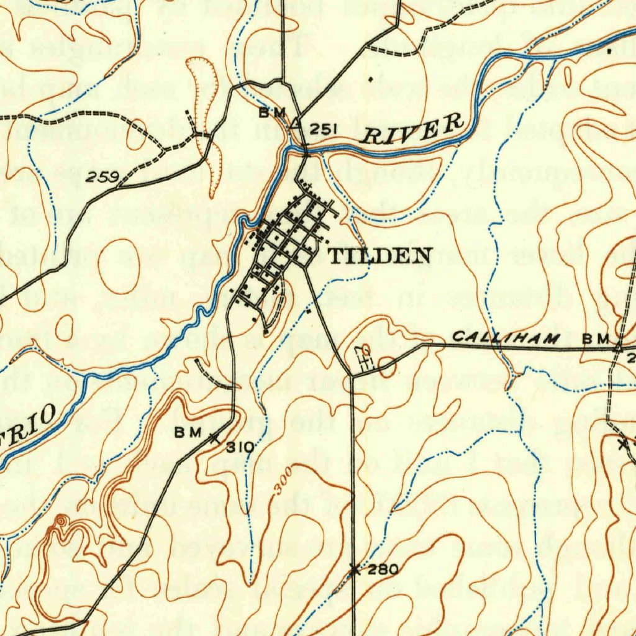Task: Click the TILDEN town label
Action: pyautogui.click(x=379, y=255)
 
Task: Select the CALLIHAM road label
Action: pyautogui.click(x=506, y=338)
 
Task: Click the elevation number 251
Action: pyautogui.click(x=323, y=129)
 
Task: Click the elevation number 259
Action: pyautogui.click(x=102, y=178)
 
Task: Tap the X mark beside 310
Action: pyautogui.click(x=215, y=438)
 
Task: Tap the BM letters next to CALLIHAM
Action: pyautogui.click(x=594, y=339)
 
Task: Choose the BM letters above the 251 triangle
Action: pyautogui.click(x=273, y=112)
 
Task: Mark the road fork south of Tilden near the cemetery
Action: pyautogui.click(x=352, y=375)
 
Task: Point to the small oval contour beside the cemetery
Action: pyautogui.click(x=386, y=366)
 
